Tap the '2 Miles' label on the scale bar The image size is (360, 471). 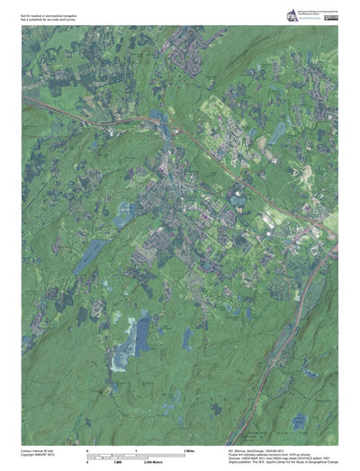point(190,448)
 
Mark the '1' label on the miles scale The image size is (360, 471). point(135,448)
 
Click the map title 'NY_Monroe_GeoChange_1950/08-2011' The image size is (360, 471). point(261,447)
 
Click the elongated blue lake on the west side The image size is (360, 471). point(90,256)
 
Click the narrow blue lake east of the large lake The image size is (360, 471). point(186,338)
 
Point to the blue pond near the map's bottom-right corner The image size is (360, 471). point(298,419)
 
